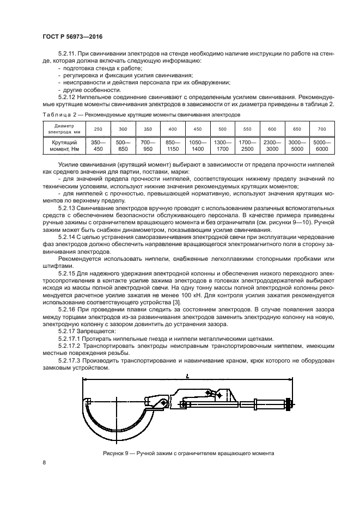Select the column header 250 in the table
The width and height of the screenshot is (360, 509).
tap(98, 128)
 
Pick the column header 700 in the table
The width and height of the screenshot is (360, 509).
tap(321, 128)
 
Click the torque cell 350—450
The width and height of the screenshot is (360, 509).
tap(98, 144)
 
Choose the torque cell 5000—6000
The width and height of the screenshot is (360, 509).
tap(321, 144)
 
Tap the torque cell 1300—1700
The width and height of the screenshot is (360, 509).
tap(222, 144)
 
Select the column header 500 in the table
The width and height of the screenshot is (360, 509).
tap(222, 128)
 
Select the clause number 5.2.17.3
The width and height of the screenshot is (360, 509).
tap(69, 360)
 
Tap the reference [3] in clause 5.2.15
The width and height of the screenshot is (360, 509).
tap(176, 302)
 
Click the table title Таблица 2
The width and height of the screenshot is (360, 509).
tap(59, 115)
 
